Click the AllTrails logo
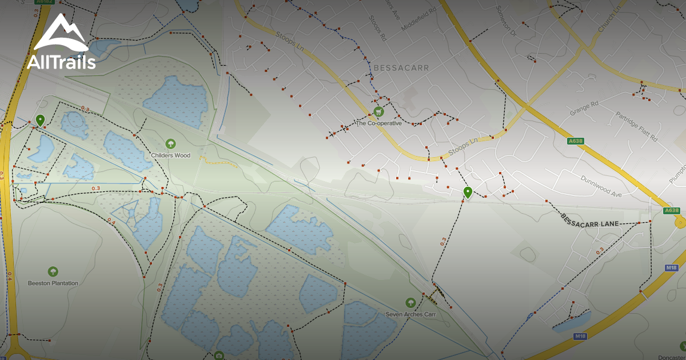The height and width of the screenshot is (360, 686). tap(61, 43)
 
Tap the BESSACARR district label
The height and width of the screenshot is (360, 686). tap(401, 67)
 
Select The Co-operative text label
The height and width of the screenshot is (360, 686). tap(378, 123)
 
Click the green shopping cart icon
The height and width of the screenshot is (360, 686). tap(377, 111)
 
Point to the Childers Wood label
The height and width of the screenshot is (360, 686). tap(170, 155)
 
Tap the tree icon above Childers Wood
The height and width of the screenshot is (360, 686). tap(170, 143)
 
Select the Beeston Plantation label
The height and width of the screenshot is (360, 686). tap(53, 283)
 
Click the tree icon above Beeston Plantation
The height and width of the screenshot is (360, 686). tap(53, 271)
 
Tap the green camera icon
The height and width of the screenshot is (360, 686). tap(218, 356)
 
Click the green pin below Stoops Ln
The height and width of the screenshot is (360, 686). tap(468, 193)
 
